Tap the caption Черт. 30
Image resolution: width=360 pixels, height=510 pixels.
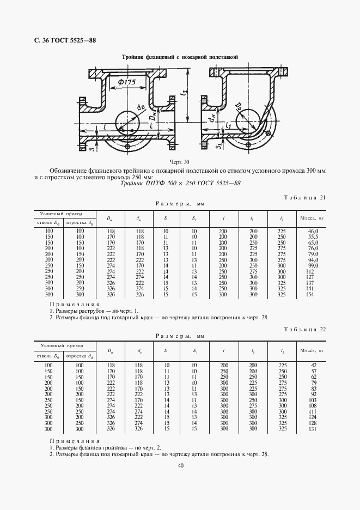pos(179,162)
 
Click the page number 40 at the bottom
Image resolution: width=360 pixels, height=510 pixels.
pos(180,465)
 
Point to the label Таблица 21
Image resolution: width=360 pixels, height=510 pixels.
pos(305,197)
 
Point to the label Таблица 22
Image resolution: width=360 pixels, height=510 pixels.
pos(305,330)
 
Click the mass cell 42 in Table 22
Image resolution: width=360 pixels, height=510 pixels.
pos(313,365)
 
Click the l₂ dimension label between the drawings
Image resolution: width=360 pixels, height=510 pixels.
pos(185,97)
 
